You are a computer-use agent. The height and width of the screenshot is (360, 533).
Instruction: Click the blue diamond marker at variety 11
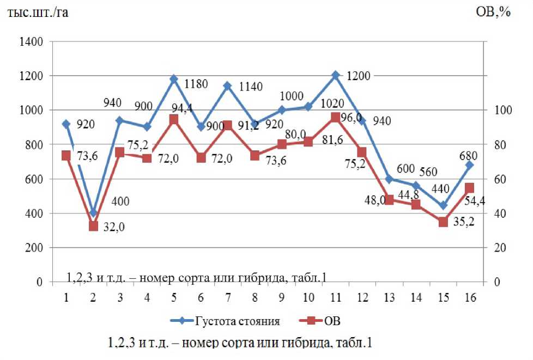tap(336, 76)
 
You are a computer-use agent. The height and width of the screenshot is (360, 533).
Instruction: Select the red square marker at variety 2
tap(93, 226)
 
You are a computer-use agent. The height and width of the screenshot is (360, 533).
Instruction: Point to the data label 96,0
tap(352, 118)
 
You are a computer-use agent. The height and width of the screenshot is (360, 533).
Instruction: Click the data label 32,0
tap(114, 228)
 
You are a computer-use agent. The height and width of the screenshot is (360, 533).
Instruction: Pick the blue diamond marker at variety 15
tap(443, 206)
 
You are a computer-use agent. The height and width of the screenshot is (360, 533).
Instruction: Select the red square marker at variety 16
tap(469, 188)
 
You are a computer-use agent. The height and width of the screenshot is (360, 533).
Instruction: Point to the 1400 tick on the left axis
tap(31, 42)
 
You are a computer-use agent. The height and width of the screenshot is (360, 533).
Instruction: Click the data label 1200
tap(358, 76)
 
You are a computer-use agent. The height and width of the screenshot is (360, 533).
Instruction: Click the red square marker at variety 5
tap(174, 120)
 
